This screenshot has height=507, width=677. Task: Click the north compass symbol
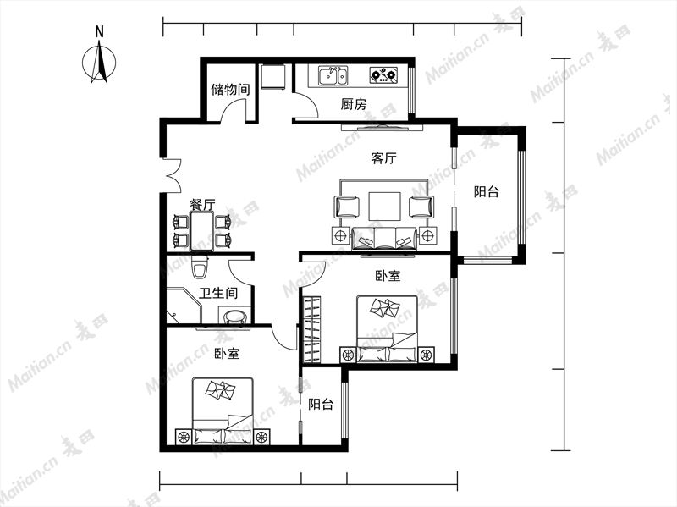99,61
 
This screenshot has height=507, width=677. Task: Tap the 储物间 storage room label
230,90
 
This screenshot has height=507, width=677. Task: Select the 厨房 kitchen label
353,104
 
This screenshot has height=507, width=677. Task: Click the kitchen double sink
333,76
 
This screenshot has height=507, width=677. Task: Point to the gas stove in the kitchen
384,75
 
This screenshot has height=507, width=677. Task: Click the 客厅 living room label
383,158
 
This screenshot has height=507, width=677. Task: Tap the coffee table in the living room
384,207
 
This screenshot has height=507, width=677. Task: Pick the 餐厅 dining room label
202,204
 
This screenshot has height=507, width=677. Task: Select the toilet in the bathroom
200,267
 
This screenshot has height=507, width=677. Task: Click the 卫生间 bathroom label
218,293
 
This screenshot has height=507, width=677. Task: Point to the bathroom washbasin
234,315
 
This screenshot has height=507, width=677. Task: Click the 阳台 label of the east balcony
487,191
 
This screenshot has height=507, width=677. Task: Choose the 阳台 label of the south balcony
321,405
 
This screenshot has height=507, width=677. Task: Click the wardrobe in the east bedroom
311,330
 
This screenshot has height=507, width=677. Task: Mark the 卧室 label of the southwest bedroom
227,354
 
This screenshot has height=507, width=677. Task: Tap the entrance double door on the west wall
172,176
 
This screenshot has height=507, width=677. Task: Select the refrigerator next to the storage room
272,77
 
